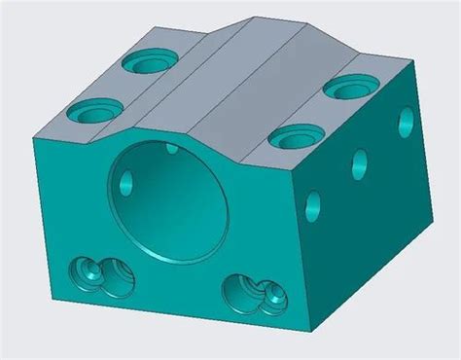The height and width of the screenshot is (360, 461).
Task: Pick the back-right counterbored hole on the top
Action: pyautogui.click(x=345, y=90)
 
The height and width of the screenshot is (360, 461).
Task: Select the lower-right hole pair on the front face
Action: pyautogui.click(x=248, y=291)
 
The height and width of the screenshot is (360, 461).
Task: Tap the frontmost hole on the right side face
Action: pyautogui.click(x=313, y=203)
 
